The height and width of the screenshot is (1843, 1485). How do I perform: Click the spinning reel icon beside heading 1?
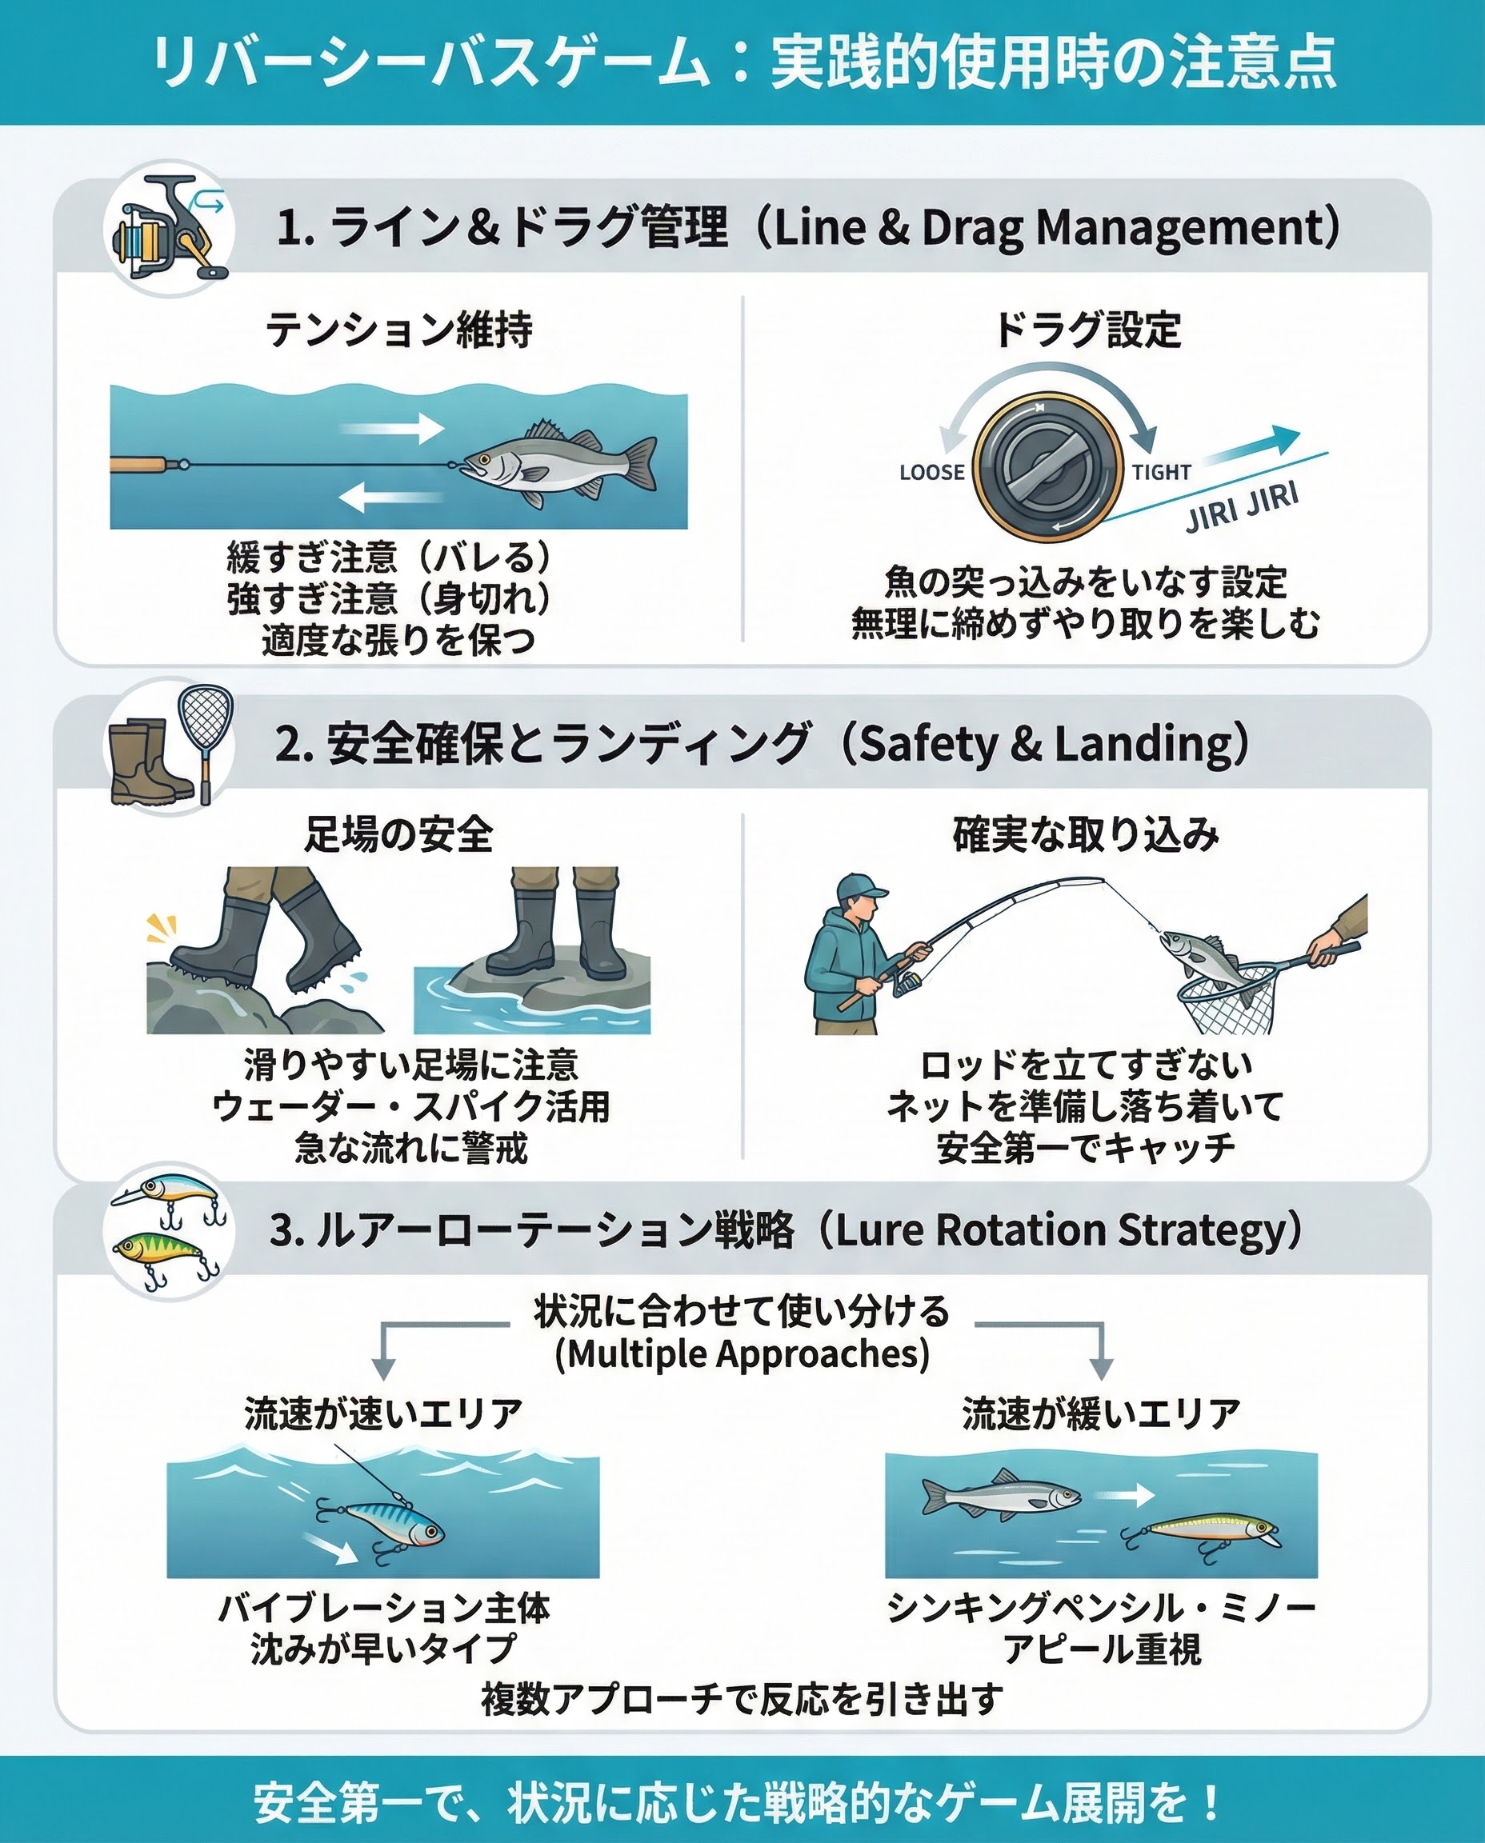tap(170, 228)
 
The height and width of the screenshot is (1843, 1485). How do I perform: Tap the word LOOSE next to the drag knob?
tap(931, 472)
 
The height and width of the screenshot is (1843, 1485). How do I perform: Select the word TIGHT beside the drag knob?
tap(1161, 472)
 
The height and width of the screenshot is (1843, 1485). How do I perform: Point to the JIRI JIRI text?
tap(1242, 506)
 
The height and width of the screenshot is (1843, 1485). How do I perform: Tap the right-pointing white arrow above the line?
tap(393, 428)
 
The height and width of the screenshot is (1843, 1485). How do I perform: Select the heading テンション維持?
tap(398, 330)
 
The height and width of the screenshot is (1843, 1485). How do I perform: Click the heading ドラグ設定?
tap(1087, 330)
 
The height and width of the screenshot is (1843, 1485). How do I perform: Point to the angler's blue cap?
tap(859, 886)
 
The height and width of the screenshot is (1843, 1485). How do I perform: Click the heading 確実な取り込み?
tap(1087, 834)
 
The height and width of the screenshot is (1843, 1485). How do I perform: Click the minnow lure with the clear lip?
tap(1201, 1533)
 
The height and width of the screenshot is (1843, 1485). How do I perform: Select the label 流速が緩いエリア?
tap(1102, 1413)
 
